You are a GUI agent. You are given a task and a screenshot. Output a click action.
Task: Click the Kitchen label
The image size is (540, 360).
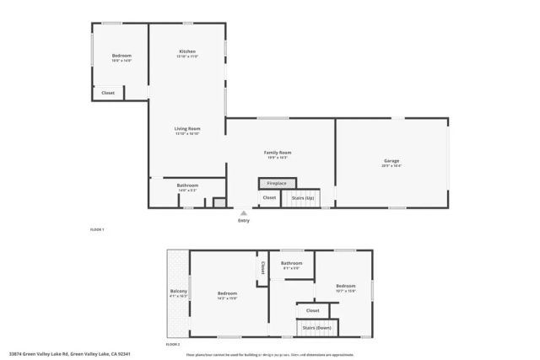point(187,51)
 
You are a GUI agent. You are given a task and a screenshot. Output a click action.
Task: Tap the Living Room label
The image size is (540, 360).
point(187,129)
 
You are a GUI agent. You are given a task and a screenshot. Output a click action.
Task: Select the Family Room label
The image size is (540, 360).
point(278,153)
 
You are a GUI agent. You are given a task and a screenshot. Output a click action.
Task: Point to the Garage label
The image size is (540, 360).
point(391,162)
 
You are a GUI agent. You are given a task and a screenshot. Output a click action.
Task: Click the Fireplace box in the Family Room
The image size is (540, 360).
point(277,183)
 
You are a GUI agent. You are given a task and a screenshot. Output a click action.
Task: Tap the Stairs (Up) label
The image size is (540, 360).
point(303,198)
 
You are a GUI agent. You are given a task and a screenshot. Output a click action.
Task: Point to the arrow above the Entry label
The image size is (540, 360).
point(244,212)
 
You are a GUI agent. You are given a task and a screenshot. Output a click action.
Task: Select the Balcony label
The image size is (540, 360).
point(178,292)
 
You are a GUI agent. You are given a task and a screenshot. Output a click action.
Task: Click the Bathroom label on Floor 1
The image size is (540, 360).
point(187,185)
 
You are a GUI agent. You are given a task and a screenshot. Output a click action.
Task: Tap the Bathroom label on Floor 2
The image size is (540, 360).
point(292,263)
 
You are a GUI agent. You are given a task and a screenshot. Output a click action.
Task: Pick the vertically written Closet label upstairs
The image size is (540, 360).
point(262,267)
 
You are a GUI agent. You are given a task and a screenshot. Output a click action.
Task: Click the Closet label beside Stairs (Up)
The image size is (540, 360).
point(269,198)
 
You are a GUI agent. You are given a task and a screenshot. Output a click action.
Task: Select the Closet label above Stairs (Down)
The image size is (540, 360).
point(312,311)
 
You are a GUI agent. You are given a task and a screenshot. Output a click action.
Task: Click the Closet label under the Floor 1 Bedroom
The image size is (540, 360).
point(108,93)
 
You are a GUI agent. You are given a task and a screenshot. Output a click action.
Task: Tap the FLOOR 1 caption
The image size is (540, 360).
point(97,229)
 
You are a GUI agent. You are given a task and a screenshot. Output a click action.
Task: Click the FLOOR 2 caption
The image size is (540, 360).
point(173,345)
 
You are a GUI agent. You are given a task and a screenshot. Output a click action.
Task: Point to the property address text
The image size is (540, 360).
point(69,354)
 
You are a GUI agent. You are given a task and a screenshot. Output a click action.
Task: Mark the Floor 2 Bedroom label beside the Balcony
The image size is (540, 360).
point(227,293)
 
